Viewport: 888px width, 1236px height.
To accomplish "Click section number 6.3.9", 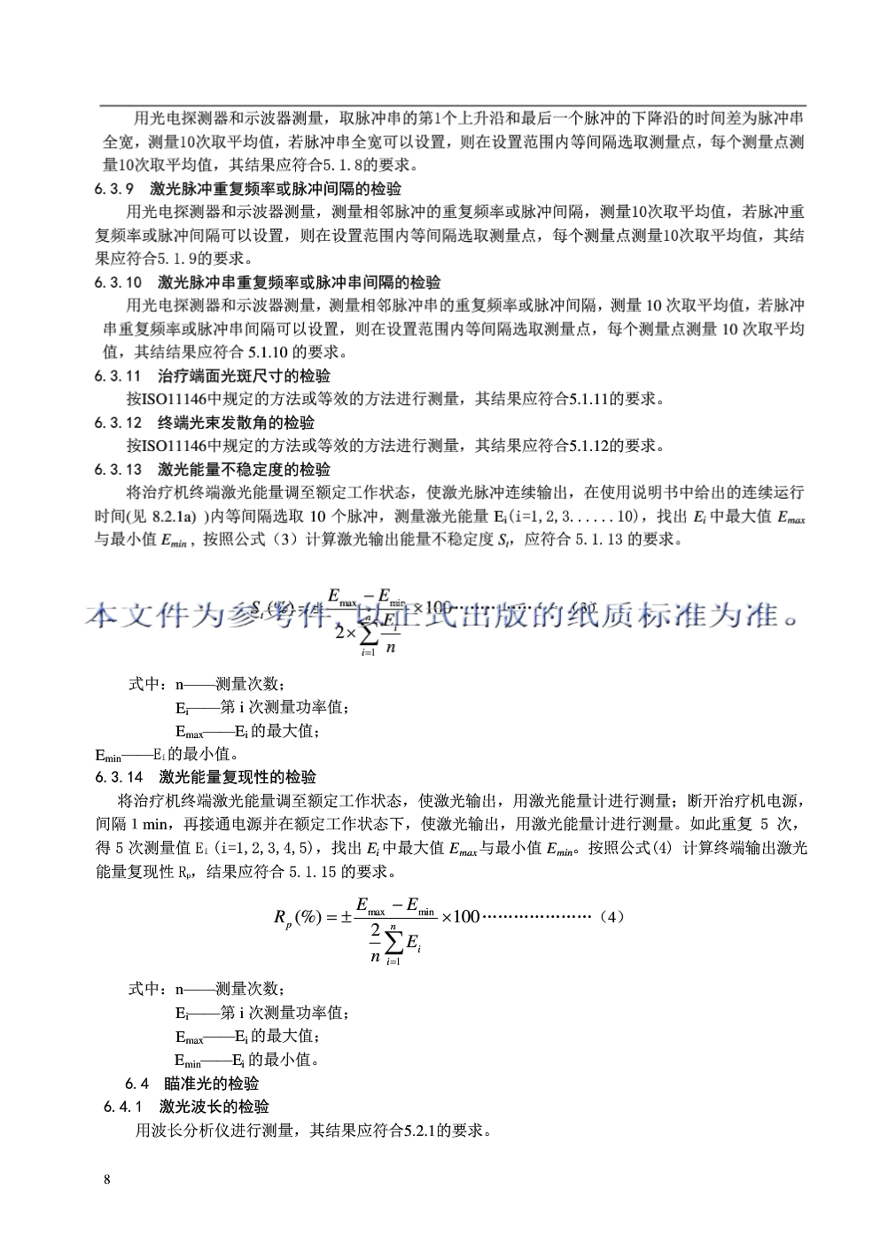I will click(x=113, y=189).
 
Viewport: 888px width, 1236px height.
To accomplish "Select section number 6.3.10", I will click(x=118, y=283).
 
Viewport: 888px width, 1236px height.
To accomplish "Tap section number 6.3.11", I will click(x=118, y=376).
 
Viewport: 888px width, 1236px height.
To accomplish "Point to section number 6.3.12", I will click(x=118, y=423).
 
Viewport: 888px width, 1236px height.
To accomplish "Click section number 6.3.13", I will click(x=118, y=470).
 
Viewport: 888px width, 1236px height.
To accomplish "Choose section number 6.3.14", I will click(x=119, y=778).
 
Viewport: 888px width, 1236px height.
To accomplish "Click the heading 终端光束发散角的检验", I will click(x=237, y=423).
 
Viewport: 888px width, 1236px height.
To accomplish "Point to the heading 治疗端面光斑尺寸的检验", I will click(x=244, y=376).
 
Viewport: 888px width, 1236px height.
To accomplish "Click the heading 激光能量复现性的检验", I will click(x=238, y=778).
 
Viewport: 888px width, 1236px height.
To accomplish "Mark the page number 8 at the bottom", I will click(x=107, y=1179).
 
